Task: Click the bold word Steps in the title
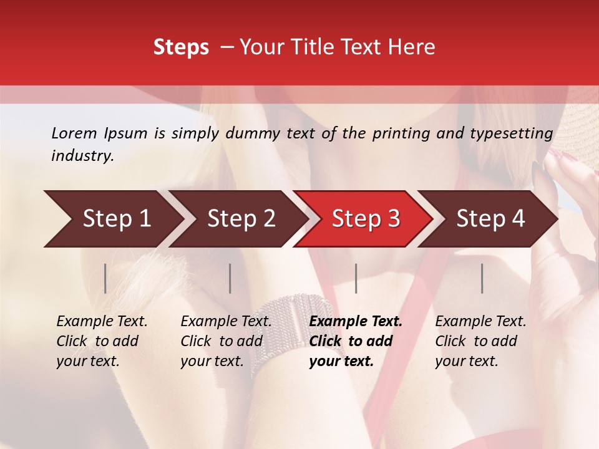tap(181, 47)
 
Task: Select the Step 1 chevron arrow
tap(112, 218)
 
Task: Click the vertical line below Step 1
tap(105, 278)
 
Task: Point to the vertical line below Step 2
tap(230, 278)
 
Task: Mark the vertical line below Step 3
tap(356, 278)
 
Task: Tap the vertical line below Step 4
tap(482, 278)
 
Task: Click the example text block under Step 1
tap(102, 341)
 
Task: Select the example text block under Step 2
tap(226, 341)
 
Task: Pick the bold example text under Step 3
tap(356, 341)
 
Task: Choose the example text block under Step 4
tap(480, 341)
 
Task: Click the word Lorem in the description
tap(74, 133)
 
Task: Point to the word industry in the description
tap(82, 156)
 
